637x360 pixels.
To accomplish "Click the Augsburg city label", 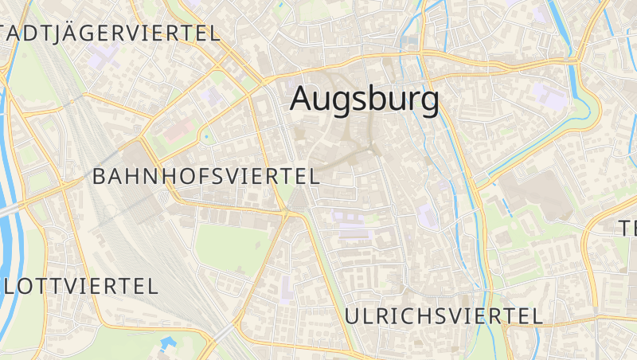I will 365,99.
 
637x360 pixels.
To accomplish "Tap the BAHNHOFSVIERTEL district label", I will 206,176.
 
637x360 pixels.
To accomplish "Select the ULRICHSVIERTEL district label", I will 444,315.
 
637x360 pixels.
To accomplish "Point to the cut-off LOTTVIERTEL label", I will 79,286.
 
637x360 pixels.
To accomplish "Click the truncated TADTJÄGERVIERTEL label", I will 110,33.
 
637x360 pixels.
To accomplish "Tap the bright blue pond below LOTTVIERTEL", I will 168,343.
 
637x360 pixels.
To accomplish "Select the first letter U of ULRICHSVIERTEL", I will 353,315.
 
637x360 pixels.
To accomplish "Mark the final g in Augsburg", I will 428,102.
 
